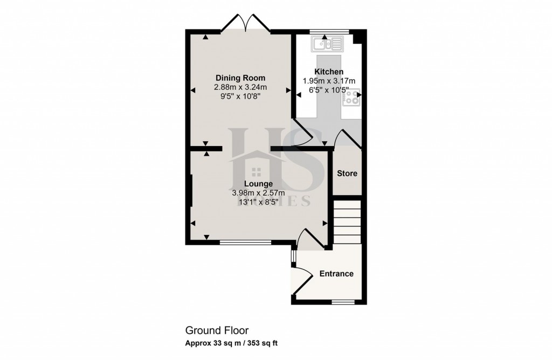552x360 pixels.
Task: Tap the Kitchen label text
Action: click(x=329, y=72)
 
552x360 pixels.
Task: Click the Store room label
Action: click(x=347, y=174)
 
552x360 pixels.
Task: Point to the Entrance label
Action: click(x=336, y=274)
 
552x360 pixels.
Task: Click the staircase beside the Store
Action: click(x=347, y=221)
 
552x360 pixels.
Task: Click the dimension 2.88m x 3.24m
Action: click(x=240, y=87)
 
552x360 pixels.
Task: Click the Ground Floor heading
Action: click(x=217, y=330)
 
